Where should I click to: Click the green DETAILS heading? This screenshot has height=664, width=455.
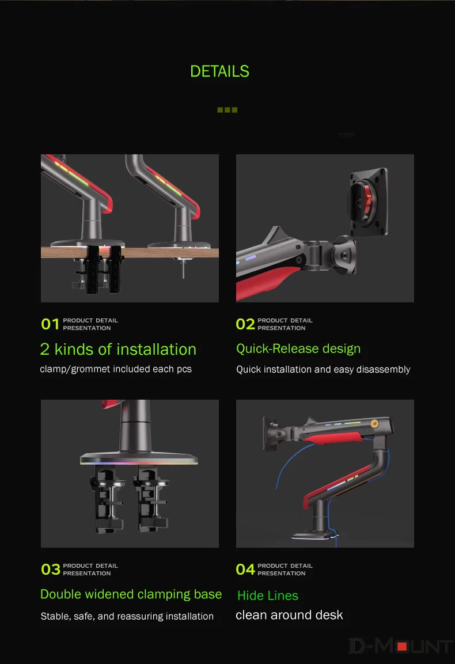(219, 71)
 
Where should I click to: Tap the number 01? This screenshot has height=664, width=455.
(50, 324)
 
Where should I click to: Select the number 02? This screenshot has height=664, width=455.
(245, 324)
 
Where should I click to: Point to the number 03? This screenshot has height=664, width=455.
(51, 569)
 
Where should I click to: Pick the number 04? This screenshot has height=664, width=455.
(245, 569)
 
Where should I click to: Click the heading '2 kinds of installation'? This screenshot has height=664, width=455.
(118, 350)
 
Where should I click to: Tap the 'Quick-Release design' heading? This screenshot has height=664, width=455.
(298, 348)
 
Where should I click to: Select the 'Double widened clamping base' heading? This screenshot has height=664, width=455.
(131, 594)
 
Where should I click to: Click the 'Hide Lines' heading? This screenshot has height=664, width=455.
(268, 595)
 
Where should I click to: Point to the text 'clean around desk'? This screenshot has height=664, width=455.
(289, 615)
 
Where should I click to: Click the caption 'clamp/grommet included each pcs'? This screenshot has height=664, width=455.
(116, 369)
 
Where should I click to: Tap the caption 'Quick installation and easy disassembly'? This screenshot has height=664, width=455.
(323, 369)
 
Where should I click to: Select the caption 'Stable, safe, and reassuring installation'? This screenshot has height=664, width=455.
(127, 616)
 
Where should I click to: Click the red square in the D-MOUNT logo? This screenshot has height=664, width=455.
(402, 647)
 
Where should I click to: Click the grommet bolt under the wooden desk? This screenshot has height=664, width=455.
(183, 268)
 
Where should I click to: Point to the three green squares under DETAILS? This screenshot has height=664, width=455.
(227, 109)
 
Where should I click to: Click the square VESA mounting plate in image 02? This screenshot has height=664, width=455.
(369, 202)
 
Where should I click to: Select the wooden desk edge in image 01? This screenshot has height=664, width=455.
(130, 252)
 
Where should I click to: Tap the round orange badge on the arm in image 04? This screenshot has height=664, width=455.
(374, 423)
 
